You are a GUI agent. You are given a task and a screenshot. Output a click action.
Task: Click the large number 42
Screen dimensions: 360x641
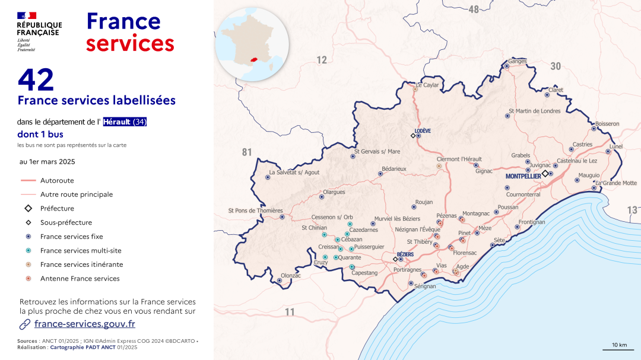[36, 80]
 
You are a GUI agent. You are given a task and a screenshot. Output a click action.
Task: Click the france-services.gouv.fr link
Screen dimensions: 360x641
[84, 324]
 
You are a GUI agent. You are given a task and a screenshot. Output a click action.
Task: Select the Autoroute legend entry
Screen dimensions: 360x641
[57, 180]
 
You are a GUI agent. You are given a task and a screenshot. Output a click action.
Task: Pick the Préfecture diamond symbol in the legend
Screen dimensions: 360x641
[28, 209]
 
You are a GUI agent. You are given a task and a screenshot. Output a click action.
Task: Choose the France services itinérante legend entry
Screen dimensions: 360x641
[81, 265]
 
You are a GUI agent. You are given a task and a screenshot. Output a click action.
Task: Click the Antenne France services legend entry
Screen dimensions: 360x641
[80, 279]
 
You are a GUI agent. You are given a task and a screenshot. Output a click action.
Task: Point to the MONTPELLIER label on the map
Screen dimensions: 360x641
[523, 177]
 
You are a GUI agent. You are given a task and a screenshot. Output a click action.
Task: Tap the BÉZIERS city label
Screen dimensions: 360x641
[405, 254]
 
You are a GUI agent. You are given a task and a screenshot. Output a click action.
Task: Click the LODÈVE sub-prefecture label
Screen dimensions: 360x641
[423, 130]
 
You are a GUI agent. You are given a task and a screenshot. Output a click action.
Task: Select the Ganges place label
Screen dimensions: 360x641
[517, 61]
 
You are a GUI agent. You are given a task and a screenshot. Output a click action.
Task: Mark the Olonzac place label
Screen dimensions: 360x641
[291, 276]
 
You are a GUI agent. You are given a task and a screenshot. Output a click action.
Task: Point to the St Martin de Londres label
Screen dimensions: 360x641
[534, 111]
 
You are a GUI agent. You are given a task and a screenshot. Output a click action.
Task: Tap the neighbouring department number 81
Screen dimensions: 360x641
[247, 152]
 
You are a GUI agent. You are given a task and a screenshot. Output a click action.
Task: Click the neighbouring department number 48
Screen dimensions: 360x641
[473, 9]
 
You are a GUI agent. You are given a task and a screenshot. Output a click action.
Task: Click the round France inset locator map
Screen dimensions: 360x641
[252, 44]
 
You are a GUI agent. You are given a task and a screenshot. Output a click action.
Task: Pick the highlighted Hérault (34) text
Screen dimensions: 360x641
[125, 122]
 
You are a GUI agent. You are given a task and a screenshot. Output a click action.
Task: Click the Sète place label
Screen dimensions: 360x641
[499, 240]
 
